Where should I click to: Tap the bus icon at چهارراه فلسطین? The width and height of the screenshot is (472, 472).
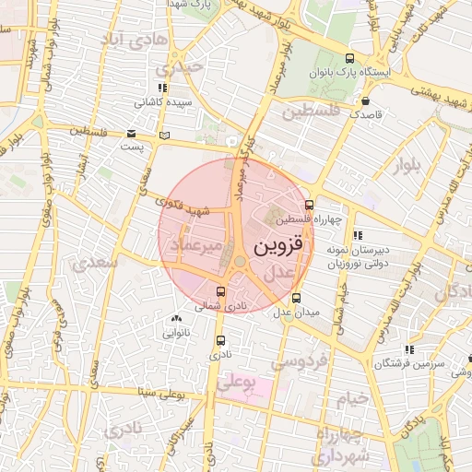tap(308, 206)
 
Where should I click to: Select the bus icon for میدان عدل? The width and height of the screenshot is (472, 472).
tap(296, 298)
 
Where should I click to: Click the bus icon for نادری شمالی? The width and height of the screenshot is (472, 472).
tap(218, 291)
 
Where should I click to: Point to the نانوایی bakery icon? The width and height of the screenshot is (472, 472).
tap(176, 318)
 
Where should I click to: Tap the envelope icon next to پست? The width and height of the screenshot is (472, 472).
tap(130, 134)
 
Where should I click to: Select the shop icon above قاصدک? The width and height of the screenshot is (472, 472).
tap(366, 101)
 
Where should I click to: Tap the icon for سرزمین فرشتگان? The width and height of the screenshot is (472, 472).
tap(408, 349)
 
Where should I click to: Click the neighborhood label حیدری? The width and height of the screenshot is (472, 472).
tap(178, 68)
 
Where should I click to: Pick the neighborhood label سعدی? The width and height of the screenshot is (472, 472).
tap(100, 262)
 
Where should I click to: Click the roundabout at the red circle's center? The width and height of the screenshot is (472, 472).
tap(240, 262)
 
